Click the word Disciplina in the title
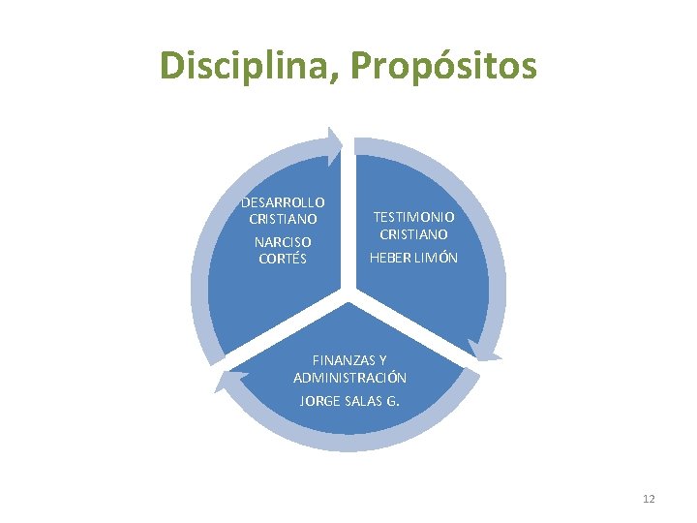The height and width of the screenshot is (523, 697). point(248,66)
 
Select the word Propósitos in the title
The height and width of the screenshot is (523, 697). point(442,66)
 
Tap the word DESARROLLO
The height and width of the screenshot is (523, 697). point(283,201)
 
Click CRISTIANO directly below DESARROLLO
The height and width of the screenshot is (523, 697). point(283,219)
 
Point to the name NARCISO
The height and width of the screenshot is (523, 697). point(283,241)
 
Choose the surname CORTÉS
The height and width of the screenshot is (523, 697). point(283,259)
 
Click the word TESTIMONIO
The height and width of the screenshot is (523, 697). point(413,217)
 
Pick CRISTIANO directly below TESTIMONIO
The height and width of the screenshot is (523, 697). point(413,234)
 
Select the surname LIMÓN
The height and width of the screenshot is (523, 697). point(437,258)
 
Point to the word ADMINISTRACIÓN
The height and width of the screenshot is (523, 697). point(349,378)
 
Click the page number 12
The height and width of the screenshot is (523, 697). point(649,499)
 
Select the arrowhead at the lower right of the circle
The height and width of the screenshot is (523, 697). point(483,351)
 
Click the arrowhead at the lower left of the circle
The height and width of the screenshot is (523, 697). point(226,381)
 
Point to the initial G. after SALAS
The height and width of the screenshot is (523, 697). point(393,400)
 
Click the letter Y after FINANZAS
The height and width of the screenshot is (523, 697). point(383,360)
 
